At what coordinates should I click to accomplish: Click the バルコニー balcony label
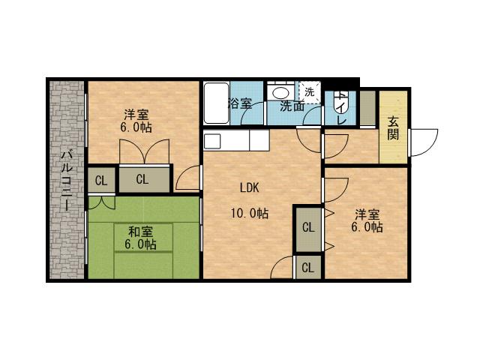coord(66,181)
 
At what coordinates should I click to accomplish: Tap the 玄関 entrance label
coord(393,127)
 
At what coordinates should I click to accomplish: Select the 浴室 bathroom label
coord(240,104)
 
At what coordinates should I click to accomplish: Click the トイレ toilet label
coord(341,109)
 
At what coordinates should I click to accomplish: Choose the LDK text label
coord(250,187)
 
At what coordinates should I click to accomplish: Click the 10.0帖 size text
coord(250,213)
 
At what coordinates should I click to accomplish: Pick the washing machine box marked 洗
coord(310,91)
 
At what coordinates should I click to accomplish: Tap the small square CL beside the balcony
coord(100,180)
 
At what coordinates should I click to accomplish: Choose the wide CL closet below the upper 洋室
coord(142,179)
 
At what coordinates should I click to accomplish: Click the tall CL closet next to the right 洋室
coord(308,227)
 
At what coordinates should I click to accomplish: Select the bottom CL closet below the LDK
coord(308,266)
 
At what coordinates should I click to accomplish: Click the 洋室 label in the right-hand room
coord(369,213)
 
